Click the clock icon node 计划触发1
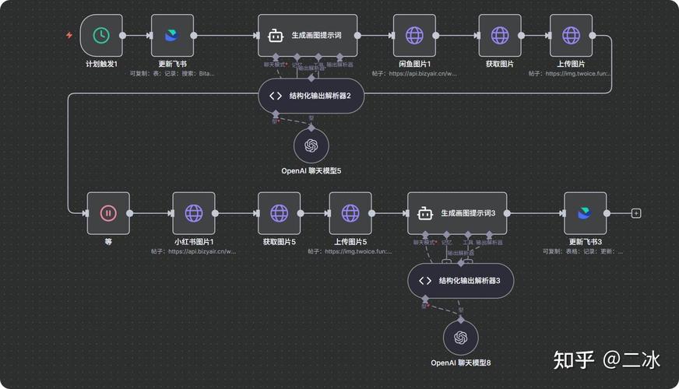tap(101, 35)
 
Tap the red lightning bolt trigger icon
tap(69, 35)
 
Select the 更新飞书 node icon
tap(172, 35)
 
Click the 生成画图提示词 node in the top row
tap(308, 35)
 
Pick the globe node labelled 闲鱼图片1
tap(414, 35)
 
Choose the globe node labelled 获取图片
tap(499, 35)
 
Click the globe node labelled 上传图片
tap(571, 35)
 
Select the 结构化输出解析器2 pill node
tap(311, 96)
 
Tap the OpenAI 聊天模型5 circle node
tap(311, 145)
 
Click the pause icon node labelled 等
tap(108, 212)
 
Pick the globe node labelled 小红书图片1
tap(194, 212)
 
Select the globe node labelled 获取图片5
tap(279, 212)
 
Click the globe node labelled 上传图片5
tap(350, 212)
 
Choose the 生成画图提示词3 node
tap(457, 212)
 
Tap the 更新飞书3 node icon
tap(585, 212)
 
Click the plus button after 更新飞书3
tap(636, 213)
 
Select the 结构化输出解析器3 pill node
tap(460, 281)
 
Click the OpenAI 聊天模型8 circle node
tap(461, 337)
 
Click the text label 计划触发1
tap(101, 64)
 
